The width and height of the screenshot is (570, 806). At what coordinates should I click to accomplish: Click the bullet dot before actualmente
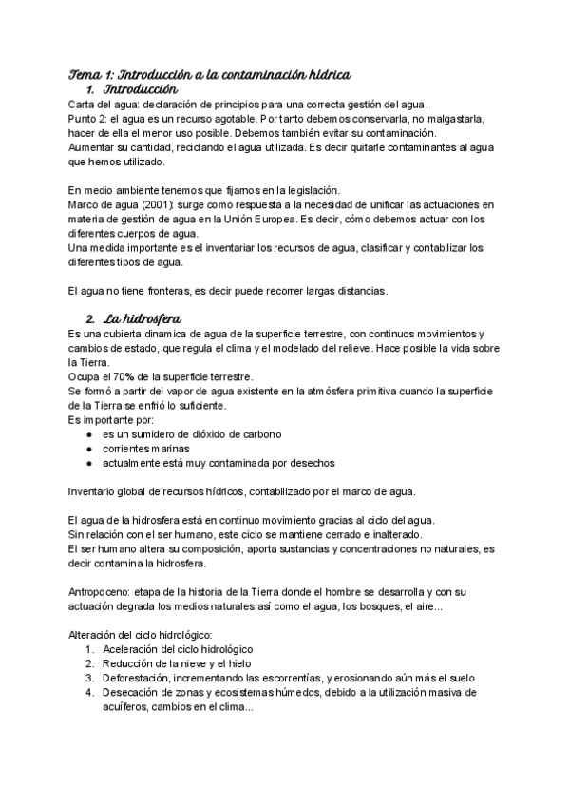click(88, 463)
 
